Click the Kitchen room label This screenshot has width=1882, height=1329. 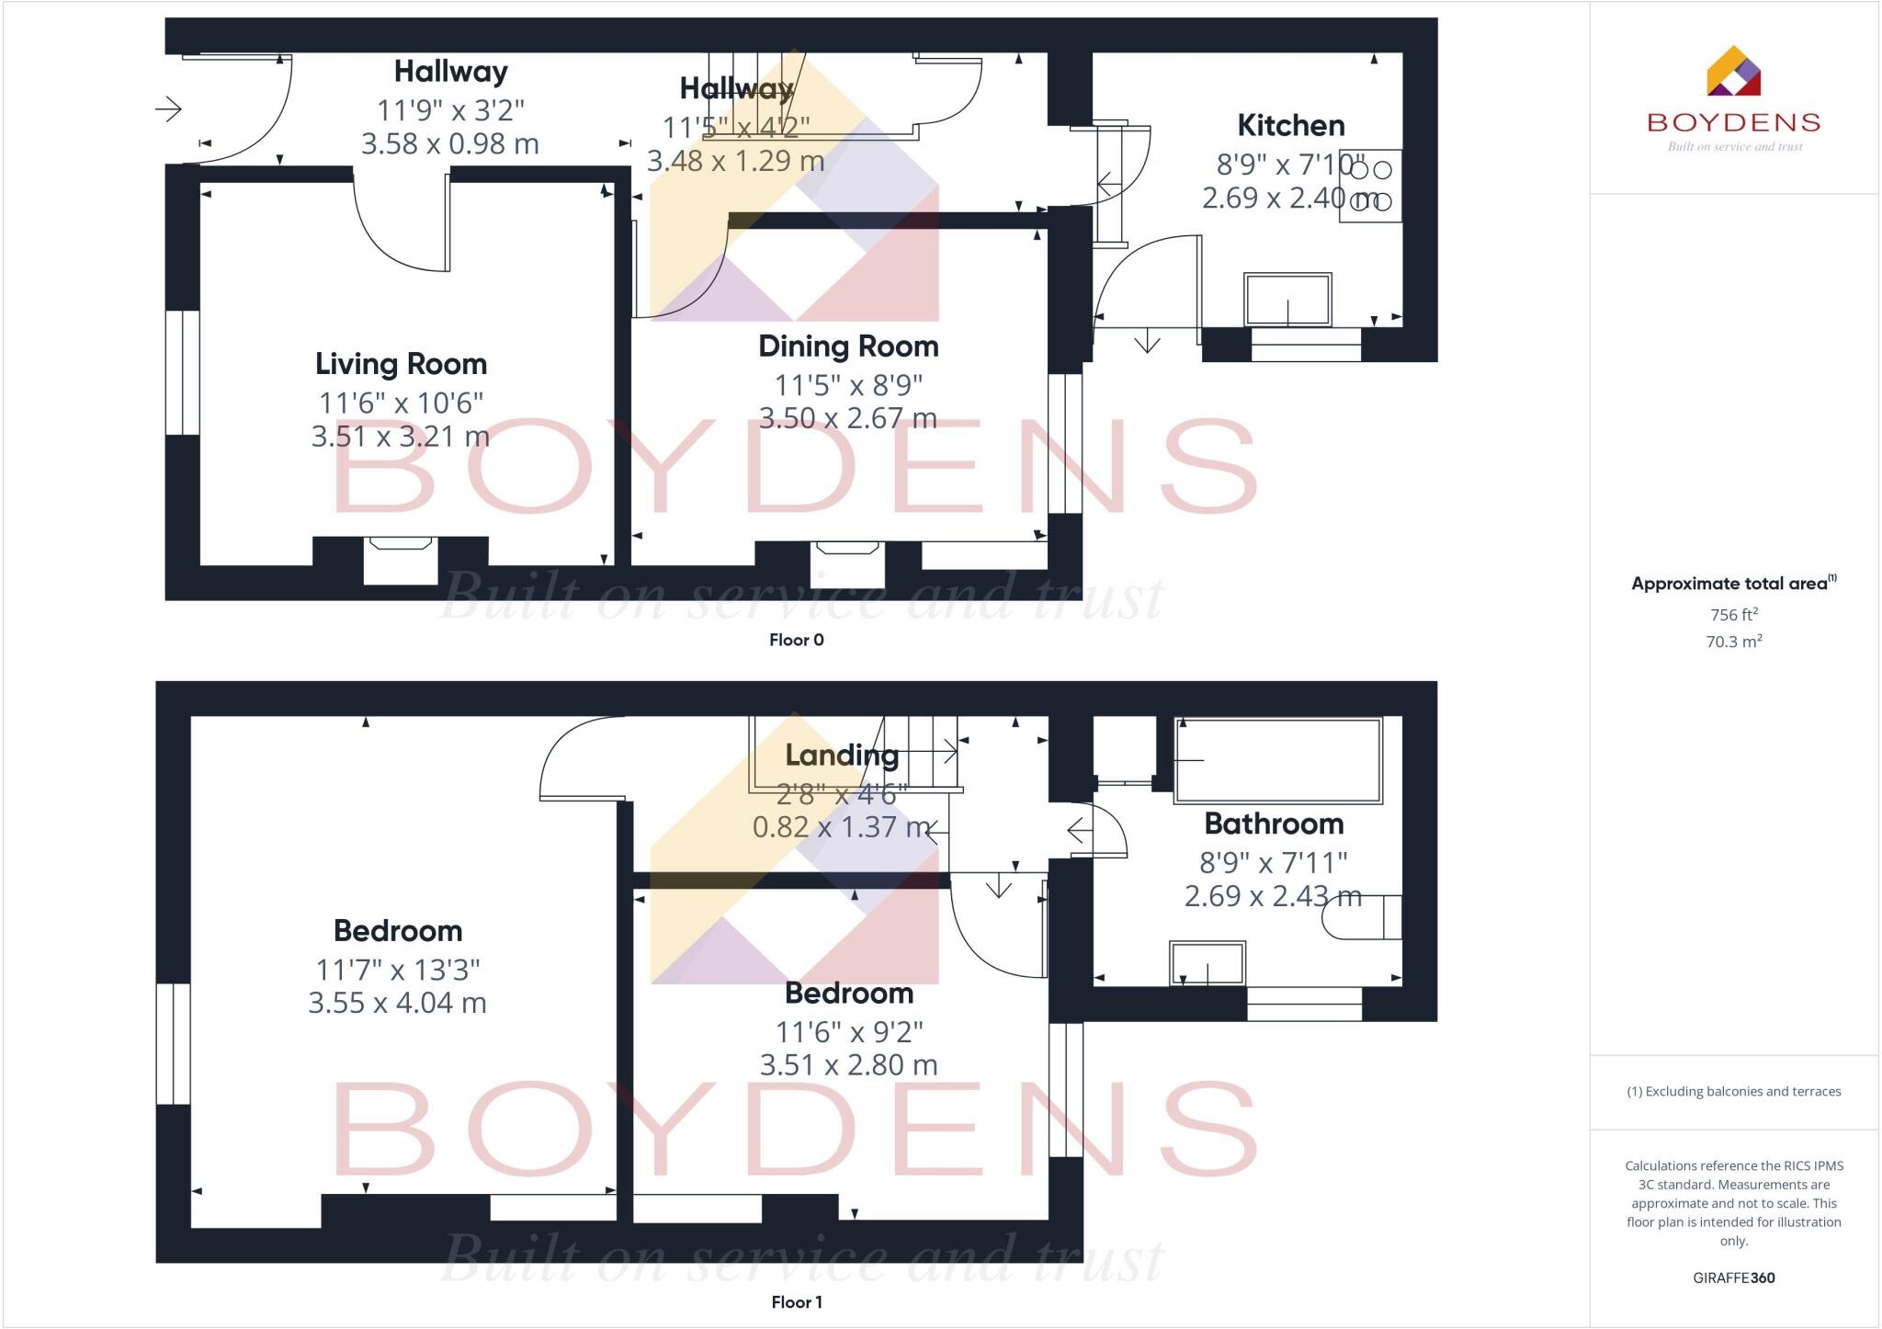(x=1290, y=126)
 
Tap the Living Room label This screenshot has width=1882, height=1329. (x=401, y=364)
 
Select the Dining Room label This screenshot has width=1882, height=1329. (x=848, y=346)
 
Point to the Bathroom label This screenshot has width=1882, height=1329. (x=1274, y=824)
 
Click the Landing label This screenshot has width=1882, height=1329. (x=842, y=755)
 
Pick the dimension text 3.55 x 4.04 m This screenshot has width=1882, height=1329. (x=397, y=1003)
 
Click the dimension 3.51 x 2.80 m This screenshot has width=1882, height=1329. (x=848, y=1065)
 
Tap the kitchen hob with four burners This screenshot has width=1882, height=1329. (x=1370, y=186)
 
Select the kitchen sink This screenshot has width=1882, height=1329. (x=1287, y=299)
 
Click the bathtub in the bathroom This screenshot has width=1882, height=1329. (x=1278, y=760)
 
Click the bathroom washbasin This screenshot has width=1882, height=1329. (x=1207, y=963)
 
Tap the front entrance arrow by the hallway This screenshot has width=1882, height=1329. (x=168, y=110)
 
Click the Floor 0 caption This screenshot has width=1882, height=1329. (x=797, y=641)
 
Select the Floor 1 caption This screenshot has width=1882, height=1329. (x=797, y=1302)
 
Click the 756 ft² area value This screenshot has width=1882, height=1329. (x=1734, y=615)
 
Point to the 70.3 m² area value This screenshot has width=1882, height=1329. (x=1734, y=642)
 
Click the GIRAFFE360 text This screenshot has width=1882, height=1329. (x=1734, y=1278)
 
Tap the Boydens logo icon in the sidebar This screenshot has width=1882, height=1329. (x=1733, y=72)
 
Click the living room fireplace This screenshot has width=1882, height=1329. (x=401, y=559)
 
